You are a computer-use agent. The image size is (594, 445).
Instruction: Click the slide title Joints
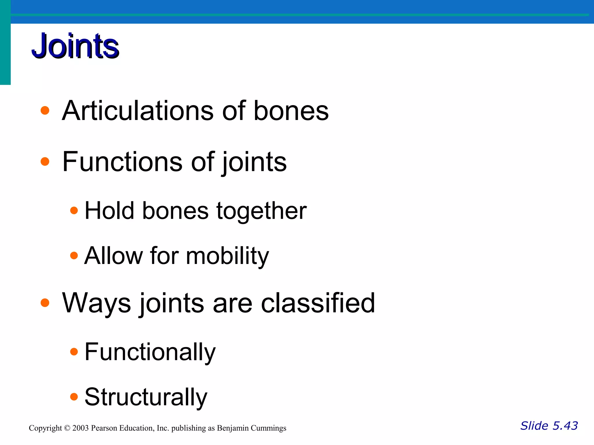point(75,46)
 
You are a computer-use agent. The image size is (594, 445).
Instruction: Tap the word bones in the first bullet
point(291,111)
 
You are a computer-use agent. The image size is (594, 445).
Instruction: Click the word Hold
point(109,211)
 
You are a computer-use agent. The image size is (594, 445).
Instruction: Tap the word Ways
point(96,303)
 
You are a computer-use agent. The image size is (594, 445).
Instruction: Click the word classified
point(318,303)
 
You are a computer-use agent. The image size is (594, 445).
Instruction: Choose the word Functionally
point(150,352)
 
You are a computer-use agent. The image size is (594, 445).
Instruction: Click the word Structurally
point(146,397)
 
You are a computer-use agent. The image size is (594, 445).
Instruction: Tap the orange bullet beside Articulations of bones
point(45,110)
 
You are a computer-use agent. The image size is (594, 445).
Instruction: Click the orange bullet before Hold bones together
point(74,210)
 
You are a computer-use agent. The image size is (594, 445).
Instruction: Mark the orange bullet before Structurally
point(74,396)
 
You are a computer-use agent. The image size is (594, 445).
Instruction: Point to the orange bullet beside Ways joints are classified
point(45,303)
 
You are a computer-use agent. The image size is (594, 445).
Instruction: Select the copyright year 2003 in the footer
point(80,428)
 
